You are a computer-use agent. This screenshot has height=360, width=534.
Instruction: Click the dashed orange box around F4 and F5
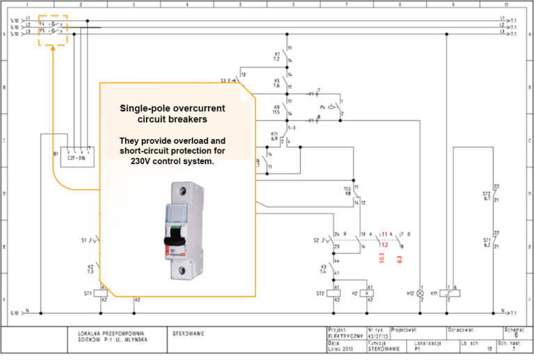(52, 30)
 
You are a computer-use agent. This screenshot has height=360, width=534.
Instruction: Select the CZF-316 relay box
(76, 157)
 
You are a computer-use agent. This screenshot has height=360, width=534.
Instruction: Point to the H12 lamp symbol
(419, 294)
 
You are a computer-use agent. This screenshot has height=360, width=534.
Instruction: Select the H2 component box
(370, 294)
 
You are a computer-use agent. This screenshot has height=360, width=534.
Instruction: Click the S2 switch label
(316, 240)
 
